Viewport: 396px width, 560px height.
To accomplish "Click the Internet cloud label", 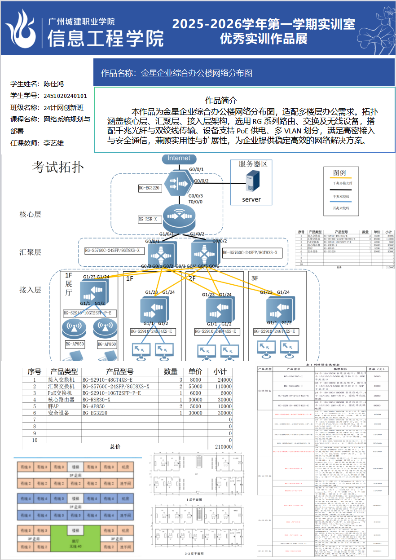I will tap(179, 159).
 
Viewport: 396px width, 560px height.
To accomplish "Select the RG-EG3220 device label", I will tap(149, 188).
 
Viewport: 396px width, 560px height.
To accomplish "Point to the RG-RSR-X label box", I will tap(150, 220).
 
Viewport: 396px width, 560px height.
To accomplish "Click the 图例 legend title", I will tap(339, 173).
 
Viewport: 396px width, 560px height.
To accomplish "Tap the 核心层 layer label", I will tap(31, 214).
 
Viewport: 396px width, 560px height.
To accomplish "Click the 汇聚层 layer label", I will tap(31, 252).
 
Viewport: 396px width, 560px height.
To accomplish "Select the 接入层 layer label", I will tap(31, 290).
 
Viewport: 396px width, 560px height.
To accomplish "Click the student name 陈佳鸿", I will tap(53, 84).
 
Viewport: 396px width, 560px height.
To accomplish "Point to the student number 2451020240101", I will tap(66, 96).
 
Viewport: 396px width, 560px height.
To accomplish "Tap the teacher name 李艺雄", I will tap(53, 143).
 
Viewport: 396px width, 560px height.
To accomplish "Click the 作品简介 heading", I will tap(221, 101).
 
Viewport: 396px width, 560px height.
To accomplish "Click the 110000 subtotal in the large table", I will tap(223, 386).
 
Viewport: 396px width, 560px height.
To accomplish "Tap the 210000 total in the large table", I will tap(223, 447).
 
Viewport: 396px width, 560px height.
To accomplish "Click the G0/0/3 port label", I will tap(196, 196).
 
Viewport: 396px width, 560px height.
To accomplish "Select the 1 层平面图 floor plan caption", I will tap(196, 499).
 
